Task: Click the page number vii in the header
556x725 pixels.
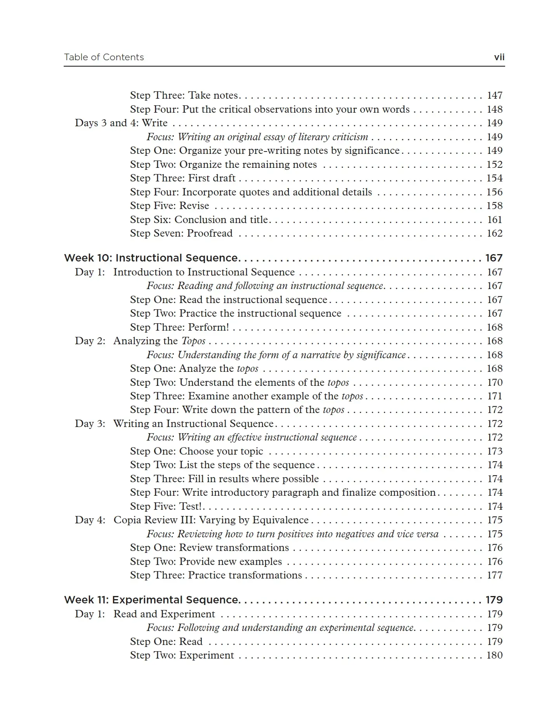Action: pyautogui.click(x=499, y=58)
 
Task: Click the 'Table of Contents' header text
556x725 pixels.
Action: pyautogui.click(x=104, y=58)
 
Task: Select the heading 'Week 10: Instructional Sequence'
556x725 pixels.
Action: pyautogui.click(x=151, y=258)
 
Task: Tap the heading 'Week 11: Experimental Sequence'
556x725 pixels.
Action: pyautogui.click(x=151, y=600)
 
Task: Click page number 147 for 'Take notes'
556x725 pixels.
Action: pyautogui.click(x=495, y=96)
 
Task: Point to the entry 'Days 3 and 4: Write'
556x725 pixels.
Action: pyautogui.click(x=121, y=123)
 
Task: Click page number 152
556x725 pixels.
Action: pyautogui.click(x=495, y=165)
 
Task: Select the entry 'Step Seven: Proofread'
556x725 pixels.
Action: pyautogui.click(x=181, y=234)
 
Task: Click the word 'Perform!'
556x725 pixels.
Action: pyautogui.click(x=208, y=328)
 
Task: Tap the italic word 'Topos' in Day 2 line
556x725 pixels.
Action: pyautogui.click(x=193, y=341)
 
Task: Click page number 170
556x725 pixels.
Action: pyautogui.click(x=495, y=383)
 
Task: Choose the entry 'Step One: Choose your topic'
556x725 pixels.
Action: pyautogui.click(x=196, y=451)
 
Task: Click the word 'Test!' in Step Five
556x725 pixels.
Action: pyautogui.click(x=191, y=507)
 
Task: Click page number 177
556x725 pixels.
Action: pyautogui.click(x=495, y=575)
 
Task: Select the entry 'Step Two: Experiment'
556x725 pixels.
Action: pyautogui.click(x=182, y=655)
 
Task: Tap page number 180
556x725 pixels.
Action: pyautogui.click(x=495, y=655)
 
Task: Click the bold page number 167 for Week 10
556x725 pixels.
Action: pyautogui.click(x=494, y=258)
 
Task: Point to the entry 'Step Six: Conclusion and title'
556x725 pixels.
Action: pyautogui.click(x=199, y=220)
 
